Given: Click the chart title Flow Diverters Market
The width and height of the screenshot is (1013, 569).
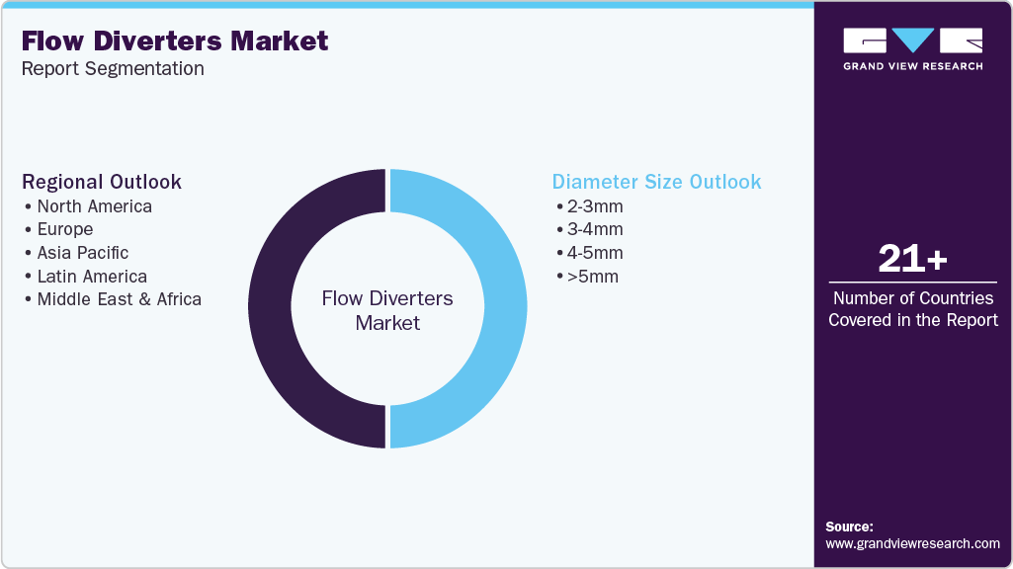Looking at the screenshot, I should click(174, 41).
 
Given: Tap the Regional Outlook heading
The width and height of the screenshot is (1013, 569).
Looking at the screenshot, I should click(102, 182).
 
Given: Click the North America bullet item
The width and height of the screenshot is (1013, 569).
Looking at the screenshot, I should click(94, 206).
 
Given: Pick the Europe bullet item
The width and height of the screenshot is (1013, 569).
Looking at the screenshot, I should click(65, 229).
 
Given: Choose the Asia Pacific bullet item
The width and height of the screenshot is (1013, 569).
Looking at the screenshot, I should click(83, 253).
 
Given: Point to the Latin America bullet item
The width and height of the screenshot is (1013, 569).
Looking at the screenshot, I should click(92, 277).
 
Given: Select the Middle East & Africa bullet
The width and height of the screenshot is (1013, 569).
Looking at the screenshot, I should click(119, 299).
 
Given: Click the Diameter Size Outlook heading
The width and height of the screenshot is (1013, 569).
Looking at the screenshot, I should click(656, 182).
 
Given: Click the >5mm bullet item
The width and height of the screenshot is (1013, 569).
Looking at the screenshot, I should click(591, 277).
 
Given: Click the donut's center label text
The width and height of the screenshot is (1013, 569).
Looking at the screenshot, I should click(387, 310).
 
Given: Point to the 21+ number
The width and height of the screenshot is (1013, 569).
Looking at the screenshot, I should click(912, 260).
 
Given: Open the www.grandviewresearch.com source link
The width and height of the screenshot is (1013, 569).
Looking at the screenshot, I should click(912, 543).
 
